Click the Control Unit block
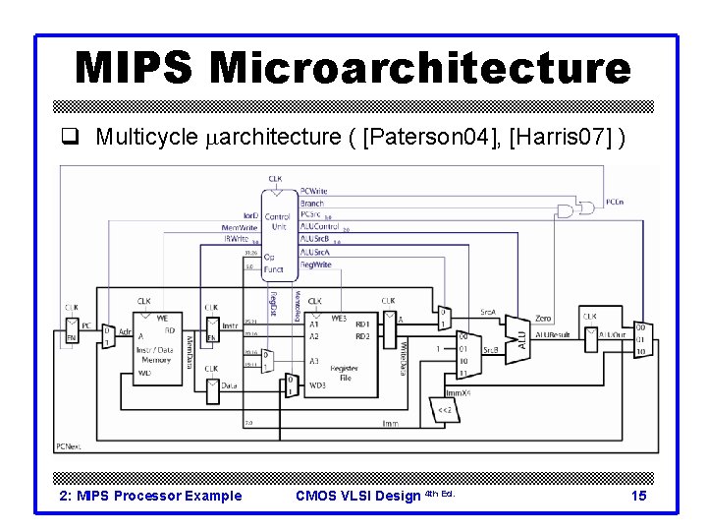point(277,226)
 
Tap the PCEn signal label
point(615,203)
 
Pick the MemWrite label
point(239,227)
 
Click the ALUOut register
point(590,337)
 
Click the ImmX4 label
point(460,390)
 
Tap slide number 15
point(639,496)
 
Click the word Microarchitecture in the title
point(420,69)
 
